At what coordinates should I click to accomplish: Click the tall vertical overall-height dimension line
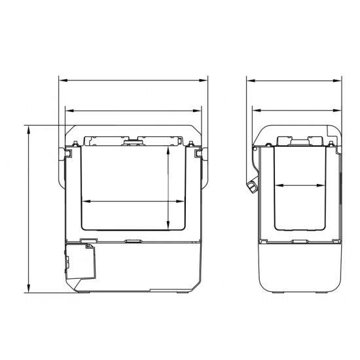[x=30, y=209]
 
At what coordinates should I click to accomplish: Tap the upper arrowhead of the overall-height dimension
[x=30, y=128]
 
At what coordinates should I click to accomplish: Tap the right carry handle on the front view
[x=200, y=153]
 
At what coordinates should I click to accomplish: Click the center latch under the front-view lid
[x=133, y=141]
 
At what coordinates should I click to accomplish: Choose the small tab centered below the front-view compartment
[x=133, y=241]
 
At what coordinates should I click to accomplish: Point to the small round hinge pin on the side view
[x=253, y=149]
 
